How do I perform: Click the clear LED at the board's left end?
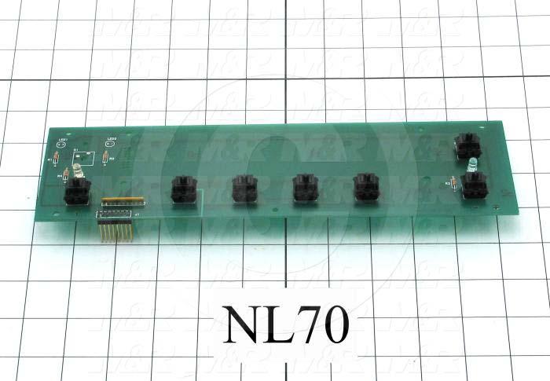(x=76, y=172)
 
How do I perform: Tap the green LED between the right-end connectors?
(x=471, y=164)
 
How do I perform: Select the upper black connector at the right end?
(x=467, y=146)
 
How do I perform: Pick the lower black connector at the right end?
(x=474, y=187)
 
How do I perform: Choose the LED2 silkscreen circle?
(x=111, y=146)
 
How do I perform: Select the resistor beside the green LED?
(x=453, y=182)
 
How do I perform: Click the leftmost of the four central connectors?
(x=183, y=189)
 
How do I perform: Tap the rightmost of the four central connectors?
(x=366, y=188)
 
